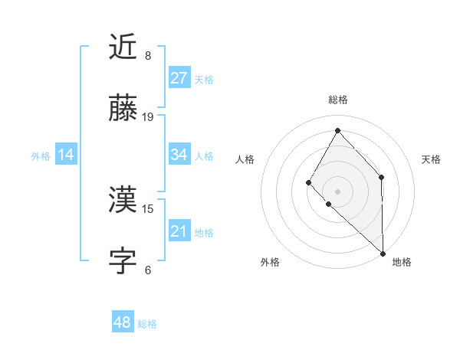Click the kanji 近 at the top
[x=123, y=47]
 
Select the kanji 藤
[x=123, y=109]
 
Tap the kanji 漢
[x=123, y=201]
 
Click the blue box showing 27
[x=179, y=78]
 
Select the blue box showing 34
[x=179, y=155]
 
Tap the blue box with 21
[x=179, y=231]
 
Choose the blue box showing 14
[x=66, y=155]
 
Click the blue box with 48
[x=122, y=323]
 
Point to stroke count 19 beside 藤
[x=148, y=116]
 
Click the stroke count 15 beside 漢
[x=148, y=208]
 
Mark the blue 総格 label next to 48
[x=147, y=324]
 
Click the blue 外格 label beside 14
[x=41, y=156]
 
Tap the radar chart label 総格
[x=337, y=100]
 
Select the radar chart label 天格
[x=431, y=159]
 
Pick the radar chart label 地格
[x=402, y=262]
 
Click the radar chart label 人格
[x=245, y=159]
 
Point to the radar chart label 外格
[x=270, y=262]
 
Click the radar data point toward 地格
[x=383, y=252]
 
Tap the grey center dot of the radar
[x=337, y=191]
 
